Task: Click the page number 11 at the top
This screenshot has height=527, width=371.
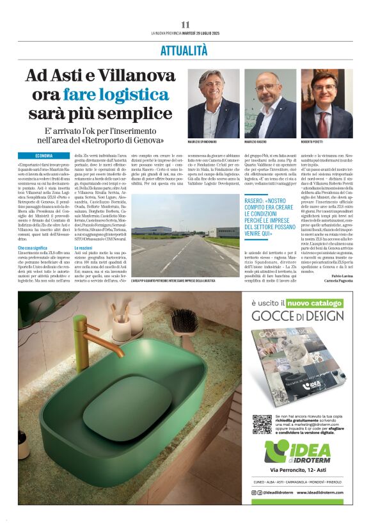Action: [x=185, y=24]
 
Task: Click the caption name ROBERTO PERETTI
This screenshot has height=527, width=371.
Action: [x=314, y=142]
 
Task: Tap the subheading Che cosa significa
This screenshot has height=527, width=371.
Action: [x=33, y=247]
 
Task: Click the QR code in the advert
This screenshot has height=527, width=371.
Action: [x=262, y=424]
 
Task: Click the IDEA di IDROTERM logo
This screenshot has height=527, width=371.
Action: [x=297, y=452]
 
